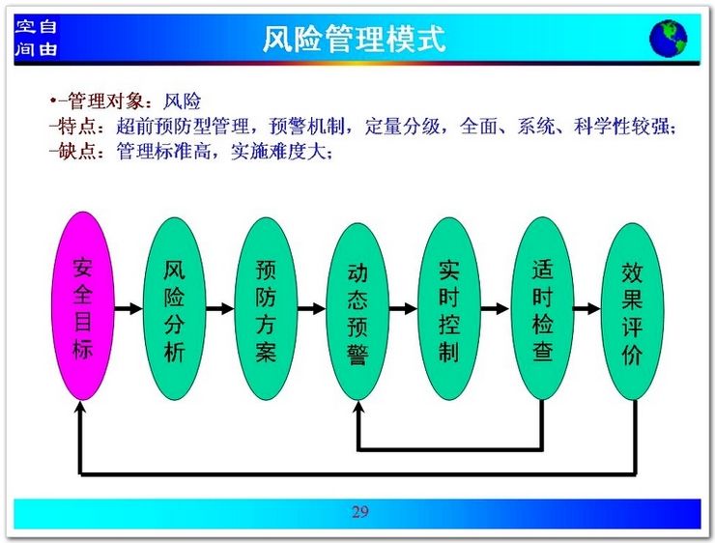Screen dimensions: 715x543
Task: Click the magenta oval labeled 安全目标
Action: click(x=82, y=306)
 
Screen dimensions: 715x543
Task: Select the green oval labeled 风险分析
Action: click(x=174, y=308)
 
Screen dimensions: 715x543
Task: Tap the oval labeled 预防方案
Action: click(x=266, y=308)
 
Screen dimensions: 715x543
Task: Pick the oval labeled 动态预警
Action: click(x=357, y=311)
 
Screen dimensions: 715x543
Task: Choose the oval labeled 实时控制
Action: click(x=449, y=308)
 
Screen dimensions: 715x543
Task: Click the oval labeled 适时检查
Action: click(x=542, y=308)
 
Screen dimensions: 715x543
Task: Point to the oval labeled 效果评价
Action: click(x=633, y=311)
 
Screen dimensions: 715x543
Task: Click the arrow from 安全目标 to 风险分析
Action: click(x=129, y=308)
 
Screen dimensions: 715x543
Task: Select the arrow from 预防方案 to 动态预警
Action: click(x=312, y=308)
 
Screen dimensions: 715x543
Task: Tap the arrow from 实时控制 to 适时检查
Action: click(x=496, y=308)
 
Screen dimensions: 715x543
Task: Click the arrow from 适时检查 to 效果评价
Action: click(x=587, y=308)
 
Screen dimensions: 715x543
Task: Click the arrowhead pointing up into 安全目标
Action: click(x=80, y=407)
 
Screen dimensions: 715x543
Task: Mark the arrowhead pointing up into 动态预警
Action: click(x=358, y=407)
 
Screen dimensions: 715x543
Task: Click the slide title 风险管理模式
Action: click(x=354, y=39)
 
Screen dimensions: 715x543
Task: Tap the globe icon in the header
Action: click(x=669, y=39)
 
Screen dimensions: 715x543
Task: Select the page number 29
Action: click(x=359, y=512)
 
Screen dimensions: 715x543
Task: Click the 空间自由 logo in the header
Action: click(x=36, y=38)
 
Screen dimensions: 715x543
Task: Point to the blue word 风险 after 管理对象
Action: click(x=182, y=101)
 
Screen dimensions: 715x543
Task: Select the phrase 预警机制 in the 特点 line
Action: click(x=306, y=127)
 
